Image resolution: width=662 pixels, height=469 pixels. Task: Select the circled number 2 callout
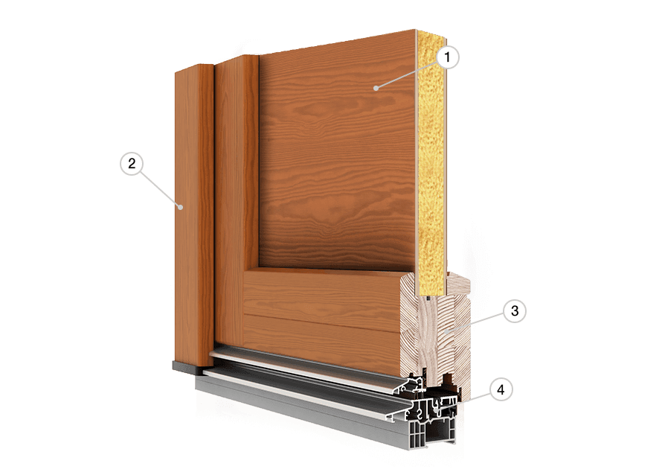[x=130, y=164]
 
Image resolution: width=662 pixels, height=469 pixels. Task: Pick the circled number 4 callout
[x=502, y=389]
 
